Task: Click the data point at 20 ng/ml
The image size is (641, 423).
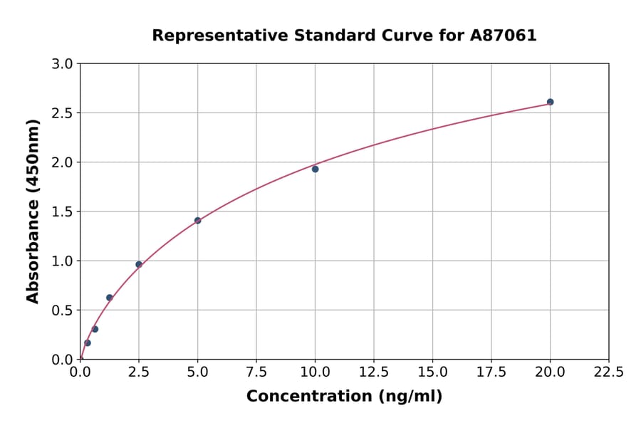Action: tap(550, 102)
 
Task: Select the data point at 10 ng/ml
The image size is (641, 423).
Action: tap(315, 169)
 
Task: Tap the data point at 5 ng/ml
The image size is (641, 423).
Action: tap(197, 221)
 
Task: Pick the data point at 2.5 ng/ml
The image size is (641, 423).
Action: tap(139, 264)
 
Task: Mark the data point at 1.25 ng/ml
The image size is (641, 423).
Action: tap(110, 298)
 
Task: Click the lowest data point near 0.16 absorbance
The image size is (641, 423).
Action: tap(88, 343)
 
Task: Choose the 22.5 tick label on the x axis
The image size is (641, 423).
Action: tap(608, 372)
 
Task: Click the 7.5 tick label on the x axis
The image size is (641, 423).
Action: tap(256, 372)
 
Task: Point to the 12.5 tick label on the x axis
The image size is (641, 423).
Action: tap(374, 372)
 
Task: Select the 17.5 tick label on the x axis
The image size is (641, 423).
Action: tap(491, 372)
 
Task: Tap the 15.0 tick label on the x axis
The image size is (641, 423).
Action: tap(432, 372)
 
